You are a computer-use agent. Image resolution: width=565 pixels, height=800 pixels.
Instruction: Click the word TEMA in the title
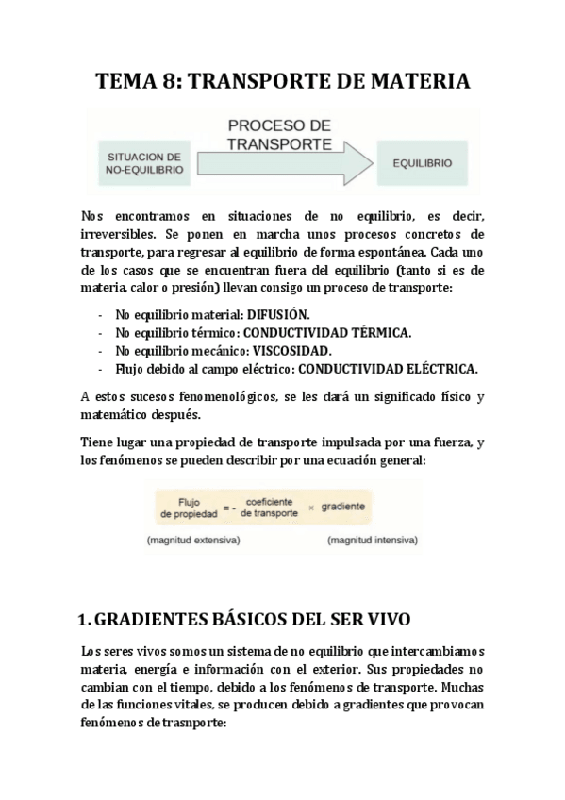tap(128, 82)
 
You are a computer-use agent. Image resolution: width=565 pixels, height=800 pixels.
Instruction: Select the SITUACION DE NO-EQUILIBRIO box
tap(144, 163)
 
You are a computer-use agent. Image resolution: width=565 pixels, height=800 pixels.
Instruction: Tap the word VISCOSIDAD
tap(292, 350)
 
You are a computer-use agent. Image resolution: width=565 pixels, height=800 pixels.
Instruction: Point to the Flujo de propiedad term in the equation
tap(192, 508)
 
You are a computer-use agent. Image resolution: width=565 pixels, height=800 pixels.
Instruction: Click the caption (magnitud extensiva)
tap(193, 541)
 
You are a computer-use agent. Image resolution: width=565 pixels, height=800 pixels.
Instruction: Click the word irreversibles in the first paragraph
tap(123, 233)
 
